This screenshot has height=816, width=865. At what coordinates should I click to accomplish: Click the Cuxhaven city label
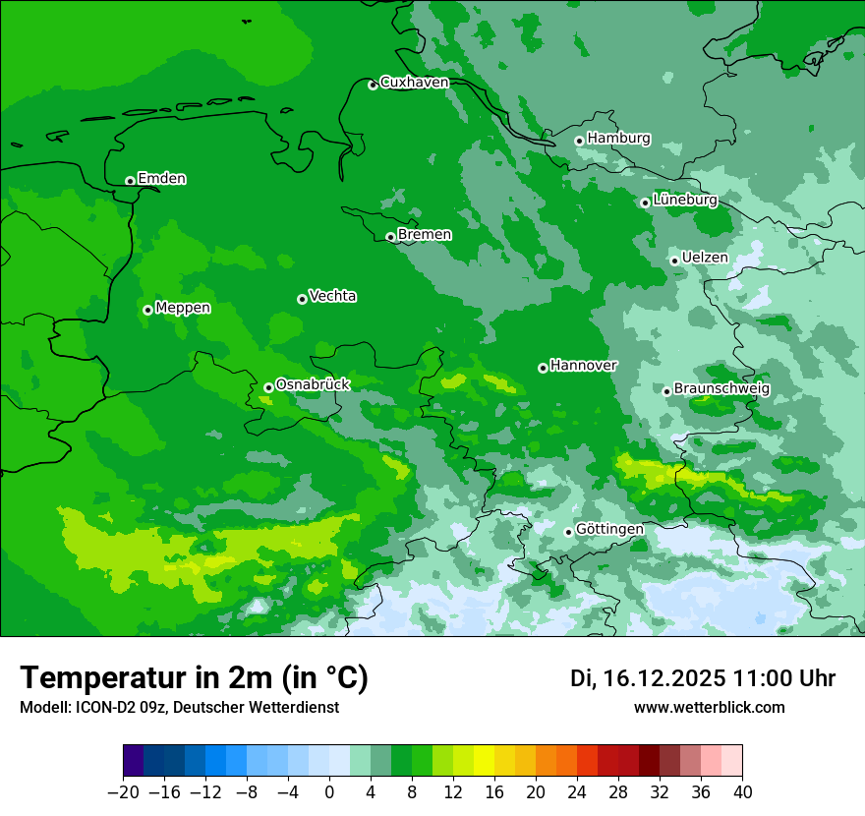pyautogui.click(x=414, y=83)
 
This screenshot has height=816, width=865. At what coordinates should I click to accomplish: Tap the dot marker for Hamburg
pyautogui.click(x=579, y=141)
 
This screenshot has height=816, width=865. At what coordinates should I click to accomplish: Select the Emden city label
pyautogui.click(x=161, y=179)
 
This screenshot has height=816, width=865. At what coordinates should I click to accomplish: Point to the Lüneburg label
pyautogui.click(x=684, y=200)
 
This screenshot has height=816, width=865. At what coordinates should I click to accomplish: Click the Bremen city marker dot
pyautogui.click(x=390, y=237)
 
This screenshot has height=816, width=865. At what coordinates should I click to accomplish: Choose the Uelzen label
pyautogui.click(x=705, y=258)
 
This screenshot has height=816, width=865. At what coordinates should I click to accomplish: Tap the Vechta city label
pyautogui.click(x=332, y=296)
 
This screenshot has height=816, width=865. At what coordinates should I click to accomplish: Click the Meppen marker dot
pyautogui.click(x=147, y=310)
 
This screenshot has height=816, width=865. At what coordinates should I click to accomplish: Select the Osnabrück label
pyautogui.click(x=313, y=384)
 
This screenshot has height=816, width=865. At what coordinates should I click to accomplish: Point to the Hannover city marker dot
pyautogui.click(x=543, y=368)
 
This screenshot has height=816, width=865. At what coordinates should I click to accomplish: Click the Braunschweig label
pyautogui.click(x=721, y=389)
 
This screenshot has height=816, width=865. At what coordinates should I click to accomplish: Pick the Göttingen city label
pyautogui.click(x=609, y=530)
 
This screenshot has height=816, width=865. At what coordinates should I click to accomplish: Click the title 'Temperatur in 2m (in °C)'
pyautogui.click(x=194, y=678)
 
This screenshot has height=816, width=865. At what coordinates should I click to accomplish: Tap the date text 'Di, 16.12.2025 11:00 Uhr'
pyautogui.click(x=703, y=678)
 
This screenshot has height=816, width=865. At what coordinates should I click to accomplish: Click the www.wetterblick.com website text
pyautogui.click(x=709, y=708)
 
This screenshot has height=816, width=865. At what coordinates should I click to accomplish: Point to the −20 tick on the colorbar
pyautogui.click(x=123, y=792)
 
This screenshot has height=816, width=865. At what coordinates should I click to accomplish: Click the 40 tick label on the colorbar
pyautogui.click(x=742, y=792)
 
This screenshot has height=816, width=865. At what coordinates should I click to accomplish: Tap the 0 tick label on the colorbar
pyautogui.click(x=329, y=792)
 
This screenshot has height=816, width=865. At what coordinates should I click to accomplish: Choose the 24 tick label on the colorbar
pyautogui.click(x=577, y=792)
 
